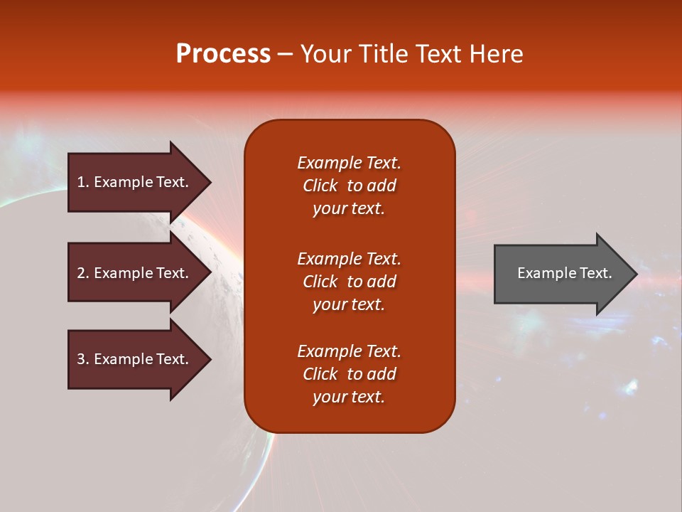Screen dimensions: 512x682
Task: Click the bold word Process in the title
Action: tap(223, 54)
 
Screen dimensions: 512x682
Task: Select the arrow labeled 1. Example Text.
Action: tap(134, 182)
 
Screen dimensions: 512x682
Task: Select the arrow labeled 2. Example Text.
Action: tap(134, 273)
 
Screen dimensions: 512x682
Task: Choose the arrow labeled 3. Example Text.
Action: tap(134, 359)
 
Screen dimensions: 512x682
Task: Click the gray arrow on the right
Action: tap(561, 273)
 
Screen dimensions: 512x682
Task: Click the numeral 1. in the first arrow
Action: tap(83, 182)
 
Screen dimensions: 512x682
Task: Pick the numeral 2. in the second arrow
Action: tap(83, 273)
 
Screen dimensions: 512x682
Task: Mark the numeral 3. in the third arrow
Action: tap(83, 359)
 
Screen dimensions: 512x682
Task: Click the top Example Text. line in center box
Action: tap(349, 163)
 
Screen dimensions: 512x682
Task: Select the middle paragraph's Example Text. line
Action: tap(349, 259)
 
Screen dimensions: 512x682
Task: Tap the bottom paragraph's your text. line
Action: tap(349, 397)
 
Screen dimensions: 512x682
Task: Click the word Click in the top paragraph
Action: tap(320, 186)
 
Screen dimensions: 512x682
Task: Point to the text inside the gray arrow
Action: tap(564, 273)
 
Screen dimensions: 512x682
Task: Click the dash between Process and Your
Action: tap(285, 54)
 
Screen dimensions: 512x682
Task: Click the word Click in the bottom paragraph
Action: tap(320, 374)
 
